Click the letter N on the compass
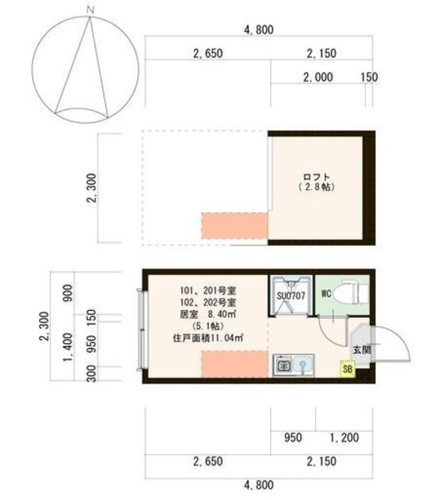tap(91, 9)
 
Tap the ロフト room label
tap(317, 176)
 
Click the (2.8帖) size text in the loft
tap(317, 187)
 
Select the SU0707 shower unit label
tap(290, 296)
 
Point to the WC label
tap(326, 295)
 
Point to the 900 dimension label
tap(70, 292)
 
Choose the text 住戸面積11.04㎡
tap(207, 338)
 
